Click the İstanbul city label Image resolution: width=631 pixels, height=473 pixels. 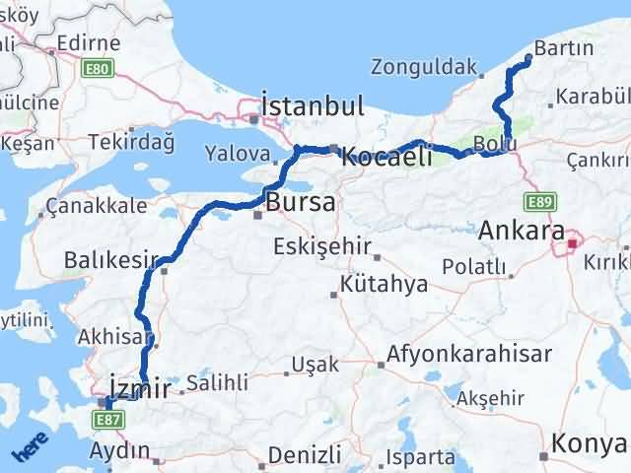(312, 105)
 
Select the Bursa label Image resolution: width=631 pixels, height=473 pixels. (301, 203)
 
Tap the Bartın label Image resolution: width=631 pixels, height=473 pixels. (562, 47)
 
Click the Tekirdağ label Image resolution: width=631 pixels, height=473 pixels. (137, 144)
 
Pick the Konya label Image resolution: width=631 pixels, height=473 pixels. (589, 444)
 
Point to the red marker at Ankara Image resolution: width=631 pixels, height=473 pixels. (573, 241)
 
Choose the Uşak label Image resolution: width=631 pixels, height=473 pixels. (316, 365)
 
